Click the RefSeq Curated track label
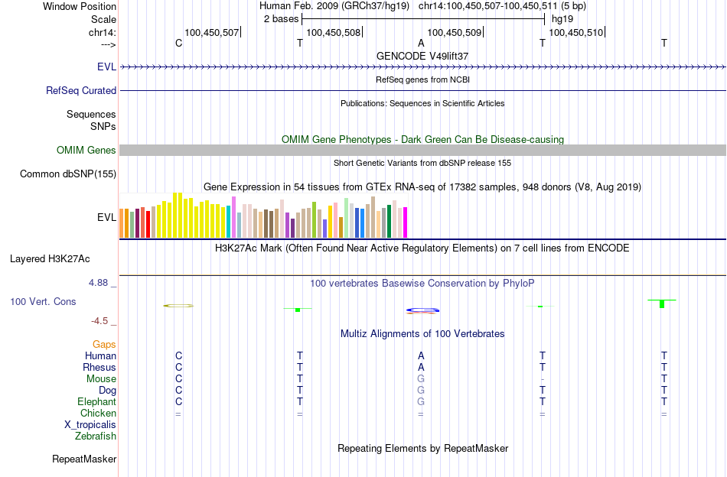[x=81, y=90]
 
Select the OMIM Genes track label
[x=86, y=150]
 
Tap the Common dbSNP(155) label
[x=68, y=174]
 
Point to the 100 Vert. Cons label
[x=43, y=302]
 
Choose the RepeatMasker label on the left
[x=84, y=459]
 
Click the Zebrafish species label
[x=96, y=436]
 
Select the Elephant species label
[x=96, y=402]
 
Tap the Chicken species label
[x=97, y=414]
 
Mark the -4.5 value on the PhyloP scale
[x=101, y=321]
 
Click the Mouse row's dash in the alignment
[x=542, y=379]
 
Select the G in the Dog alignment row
[x=421, y=391]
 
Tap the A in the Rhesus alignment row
[x=421, y=368]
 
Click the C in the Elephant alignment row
[x=178, y=402]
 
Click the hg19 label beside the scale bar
[x=562, y=18]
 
